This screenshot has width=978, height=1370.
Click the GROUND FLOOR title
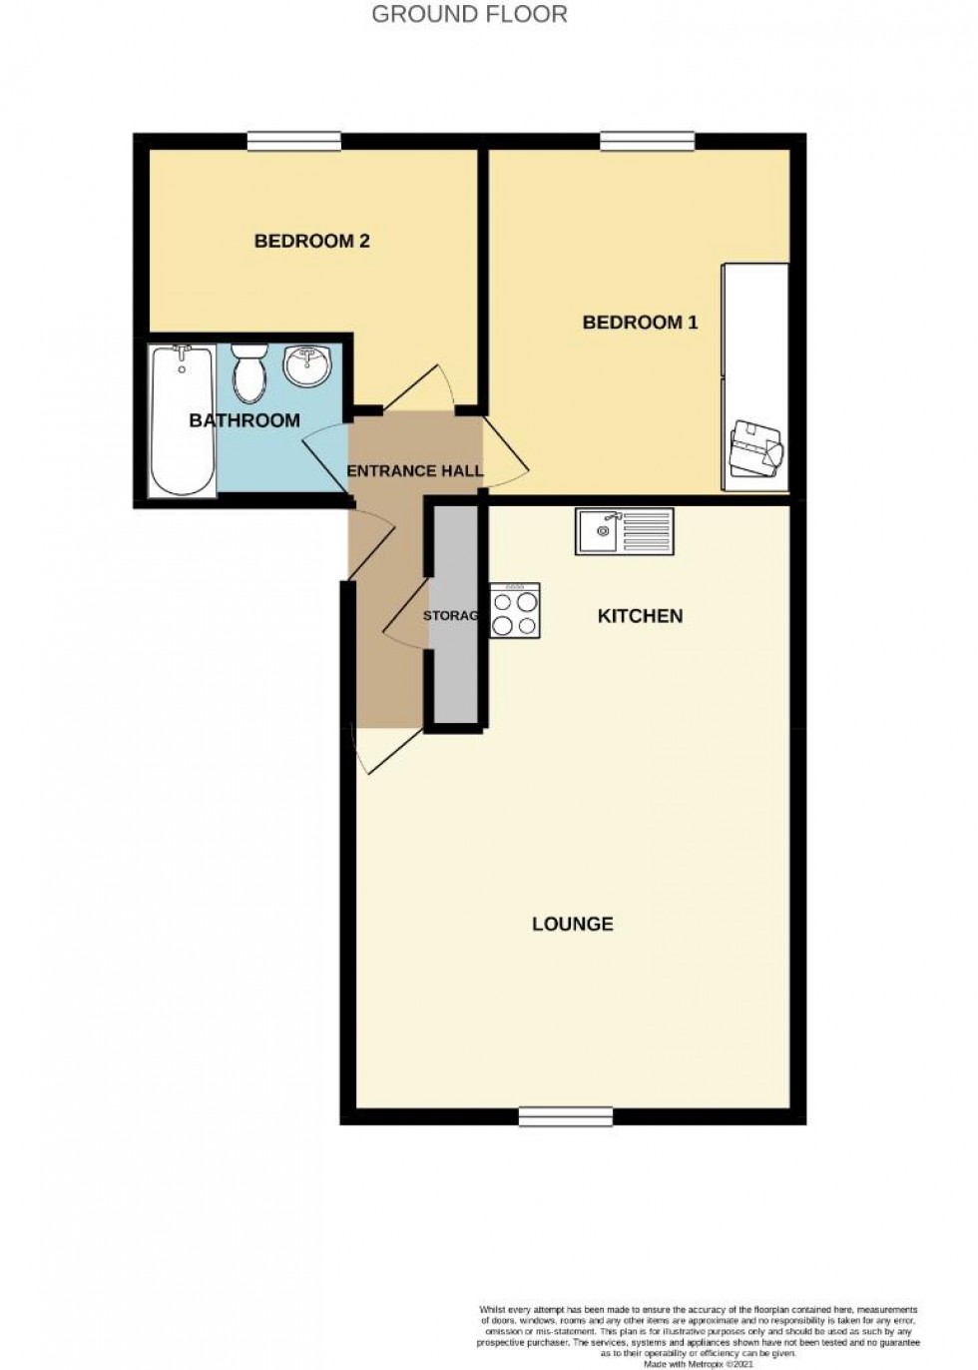[469, 14]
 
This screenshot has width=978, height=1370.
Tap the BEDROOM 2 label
[311, 241]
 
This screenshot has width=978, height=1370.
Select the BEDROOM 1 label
[640, 323]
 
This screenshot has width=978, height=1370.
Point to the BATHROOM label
[244, 420]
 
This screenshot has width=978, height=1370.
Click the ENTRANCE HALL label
[414, 470]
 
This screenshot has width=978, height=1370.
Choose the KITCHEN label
[640, 616]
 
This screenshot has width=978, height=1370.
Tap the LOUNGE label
[572, 924]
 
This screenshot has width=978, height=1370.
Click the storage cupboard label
[451, 616]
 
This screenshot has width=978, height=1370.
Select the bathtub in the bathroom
[182, 419]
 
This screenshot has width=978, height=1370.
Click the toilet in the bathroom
[249, 371]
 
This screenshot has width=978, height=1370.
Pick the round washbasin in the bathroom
[305, 365]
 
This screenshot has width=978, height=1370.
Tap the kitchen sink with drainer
[624, 530]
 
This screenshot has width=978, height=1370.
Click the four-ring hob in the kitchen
[514, 611]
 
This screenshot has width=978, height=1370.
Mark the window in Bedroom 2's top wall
[293, 142]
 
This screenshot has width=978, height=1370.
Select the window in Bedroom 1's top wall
[647, 142]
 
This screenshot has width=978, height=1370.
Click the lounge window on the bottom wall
[566, 1116]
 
